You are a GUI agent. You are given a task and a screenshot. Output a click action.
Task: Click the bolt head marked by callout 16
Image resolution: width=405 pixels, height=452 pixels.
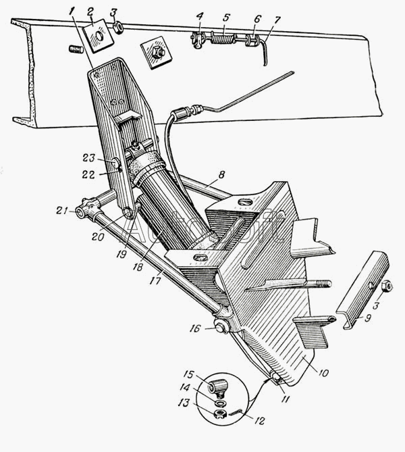click(220, 329)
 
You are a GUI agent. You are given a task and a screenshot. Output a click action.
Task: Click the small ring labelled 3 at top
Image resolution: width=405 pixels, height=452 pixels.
click(119, 28)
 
